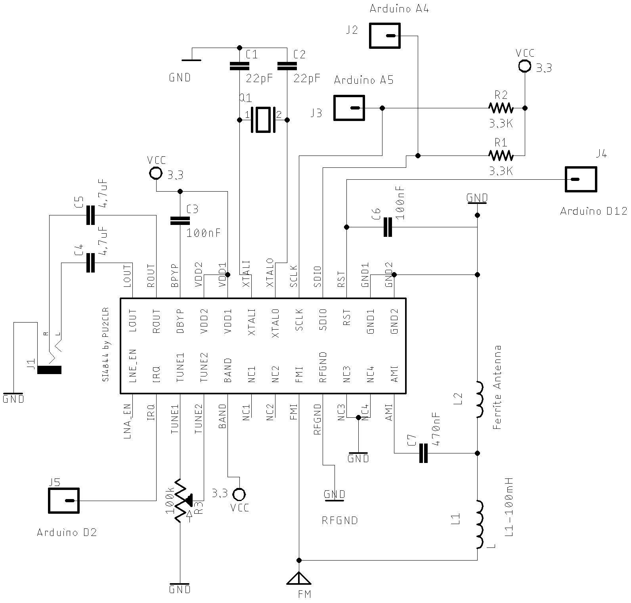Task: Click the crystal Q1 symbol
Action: point(263,119)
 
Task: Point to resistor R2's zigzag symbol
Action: point(501,108)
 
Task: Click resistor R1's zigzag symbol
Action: point(501,155)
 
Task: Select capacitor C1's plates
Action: point(239,66)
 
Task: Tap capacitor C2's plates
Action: point(287,66)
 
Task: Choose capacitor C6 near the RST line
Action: point(388,227)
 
